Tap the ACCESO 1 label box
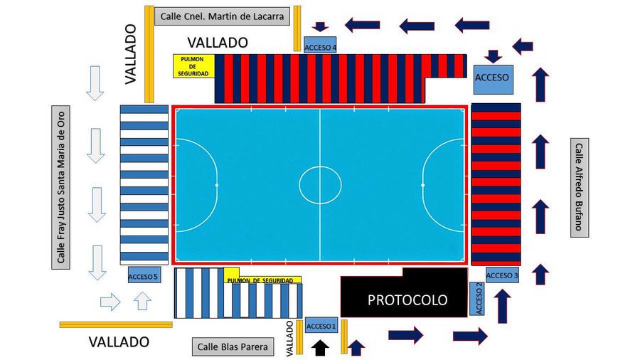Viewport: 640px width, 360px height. tap(321, 326)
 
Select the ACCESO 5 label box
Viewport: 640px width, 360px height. tap(143, 276)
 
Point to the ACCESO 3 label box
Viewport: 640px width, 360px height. tap(502, 275)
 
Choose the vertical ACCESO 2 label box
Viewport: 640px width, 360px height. tap(477, 299)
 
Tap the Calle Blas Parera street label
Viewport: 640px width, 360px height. tap(233, 347)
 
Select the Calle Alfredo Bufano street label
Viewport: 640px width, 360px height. tap(579, 188)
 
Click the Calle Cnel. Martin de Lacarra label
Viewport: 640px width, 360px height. tap(222, 16)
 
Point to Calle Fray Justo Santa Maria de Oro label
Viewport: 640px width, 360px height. tap(62, 188)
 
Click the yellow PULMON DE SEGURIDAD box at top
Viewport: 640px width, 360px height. tap(193, 65)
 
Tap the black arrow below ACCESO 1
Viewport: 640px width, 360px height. tap(321, 347)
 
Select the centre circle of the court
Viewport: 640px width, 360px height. tap(320, 185)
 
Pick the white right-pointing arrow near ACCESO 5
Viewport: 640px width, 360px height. tap(110, 302)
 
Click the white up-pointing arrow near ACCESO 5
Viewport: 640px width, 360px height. tap(143, 301)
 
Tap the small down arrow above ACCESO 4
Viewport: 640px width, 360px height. tap(320, 27)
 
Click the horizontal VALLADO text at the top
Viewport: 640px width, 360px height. tap(218, 43)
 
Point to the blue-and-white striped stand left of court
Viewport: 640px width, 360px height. tap(144, 184)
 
